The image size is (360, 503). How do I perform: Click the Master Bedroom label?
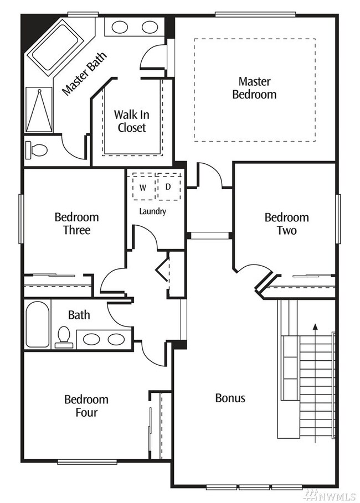pos(254,88)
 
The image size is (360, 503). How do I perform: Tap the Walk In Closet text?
pos(130,121)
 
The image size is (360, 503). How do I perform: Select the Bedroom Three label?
pos(76,223)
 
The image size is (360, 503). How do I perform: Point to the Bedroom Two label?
pos(286,224)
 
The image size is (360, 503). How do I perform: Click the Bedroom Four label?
pos(86,406)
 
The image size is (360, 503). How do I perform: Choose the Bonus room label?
pos(230,398)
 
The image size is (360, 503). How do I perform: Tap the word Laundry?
pos(152,211)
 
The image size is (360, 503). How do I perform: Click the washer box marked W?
pos(143,187)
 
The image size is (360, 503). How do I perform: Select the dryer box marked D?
pos(168,186)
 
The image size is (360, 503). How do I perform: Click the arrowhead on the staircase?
pos(315,326)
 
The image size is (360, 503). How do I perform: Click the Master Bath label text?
pos(84,74)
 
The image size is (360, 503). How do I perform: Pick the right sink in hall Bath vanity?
pos(116,339)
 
